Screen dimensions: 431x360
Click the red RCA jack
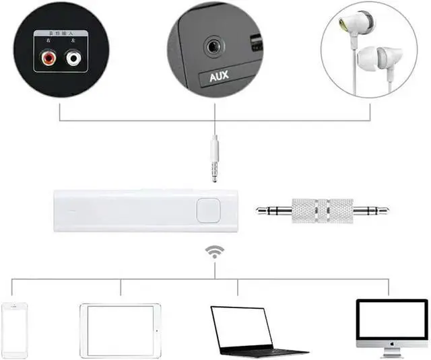click(48, 59)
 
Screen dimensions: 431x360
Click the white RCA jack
click(73, 59)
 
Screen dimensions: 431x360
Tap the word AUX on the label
click(219, 75)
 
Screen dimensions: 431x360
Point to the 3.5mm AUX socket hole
click(215, 48)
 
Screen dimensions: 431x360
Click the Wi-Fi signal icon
click(215, 252)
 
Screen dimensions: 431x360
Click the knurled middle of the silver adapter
click(323, 210)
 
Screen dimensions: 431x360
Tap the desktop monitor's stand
click(391, 351)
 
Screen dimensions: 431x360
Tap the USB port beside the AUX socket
click(257, 46)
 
